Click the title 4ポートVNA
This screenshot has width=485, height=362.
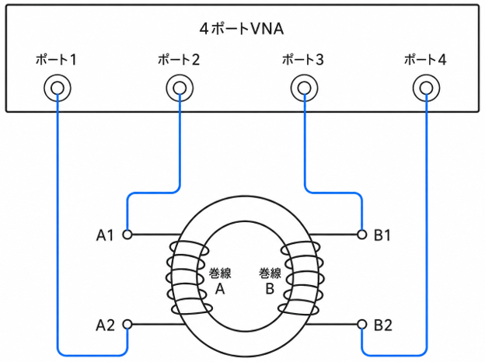(242, 29)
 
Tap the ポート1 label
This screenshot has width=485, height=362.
(56, 60)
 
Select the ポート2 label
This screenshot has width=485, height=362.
(179, 60)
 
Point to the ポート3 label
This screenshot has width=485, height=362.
(303, 60)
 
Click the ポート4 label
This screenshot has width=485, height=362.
(425, 60)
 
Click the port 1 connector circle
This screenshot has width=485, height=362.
(58, 88)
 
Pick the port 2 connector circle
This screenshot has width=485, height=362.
(180, 88)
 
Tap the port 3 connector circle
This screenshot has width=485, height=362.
(304, 88)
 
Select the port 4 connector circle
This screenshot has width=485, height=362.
(427, 88)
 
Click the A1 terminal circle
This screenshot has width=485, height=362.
(127, 235)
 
